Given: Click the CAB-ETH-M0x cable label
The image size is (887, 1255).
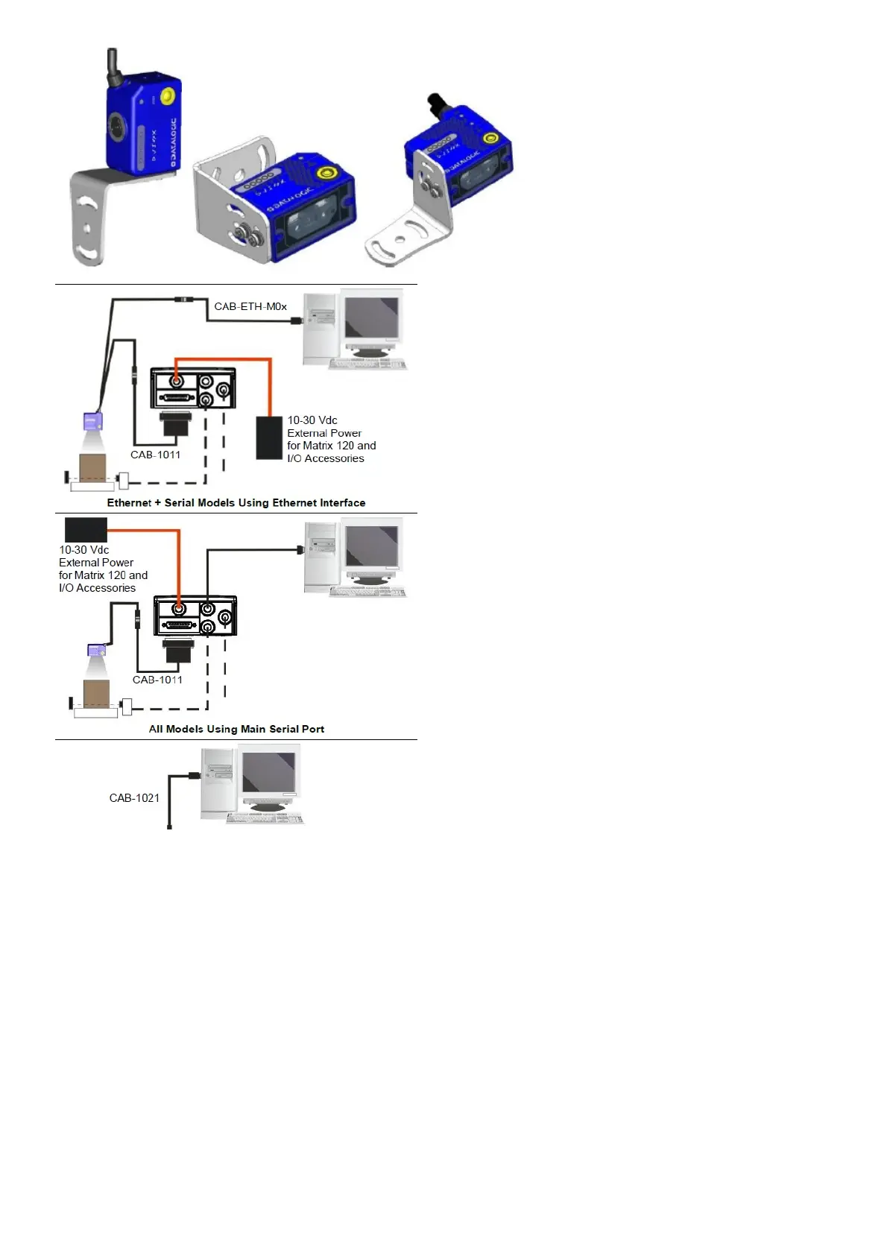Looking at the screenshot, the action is click(250, 306).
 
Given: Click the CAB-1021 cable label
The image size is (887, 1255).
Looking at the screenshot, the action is click(134, 798).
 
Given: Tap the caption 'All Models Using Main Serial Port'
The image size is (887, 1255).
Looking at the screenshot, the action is click(236, 729).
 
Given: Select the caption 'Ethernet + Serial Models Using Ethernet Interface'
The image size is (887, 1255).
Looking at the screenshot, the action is click(236, 503).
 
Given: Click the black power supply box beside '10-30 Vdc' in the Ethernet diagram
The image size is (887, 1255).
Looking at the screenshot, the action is click(269, 437).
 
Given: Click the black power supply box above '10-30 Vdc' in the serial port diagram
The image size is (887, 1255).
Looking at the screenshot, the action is click(86, 529).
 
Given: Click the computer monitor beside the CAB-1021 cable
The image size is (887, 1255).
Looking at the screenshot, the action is click(268, 777).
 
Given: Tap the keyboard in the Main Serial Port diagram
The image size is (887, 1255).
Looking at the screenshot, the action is click(368, 592).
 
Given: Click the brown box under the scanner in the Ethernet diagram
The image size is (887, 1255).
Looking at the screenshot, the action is click(93, 468).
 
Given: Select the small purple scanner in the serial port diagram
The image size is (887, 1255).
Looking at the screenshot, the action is click(96, 651).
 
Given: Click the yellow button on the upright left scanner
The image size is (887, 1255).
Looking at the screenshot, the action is click(168, 96).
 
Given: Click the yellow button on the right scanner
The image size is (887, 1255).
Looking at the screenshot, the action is click(490, 138).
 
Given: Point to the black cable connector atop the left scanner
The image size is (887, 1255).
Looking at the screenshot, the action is click(113, 65).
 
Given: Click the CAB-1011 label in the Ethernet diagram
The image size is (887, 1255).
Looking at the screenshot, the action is click(155, 455).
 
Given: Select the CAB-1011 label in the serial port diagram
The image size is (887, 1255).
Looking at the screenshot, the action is click(157, 680).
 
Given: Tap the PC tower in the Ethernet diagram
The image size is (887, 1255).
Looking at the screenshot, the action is click(319, 328).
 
